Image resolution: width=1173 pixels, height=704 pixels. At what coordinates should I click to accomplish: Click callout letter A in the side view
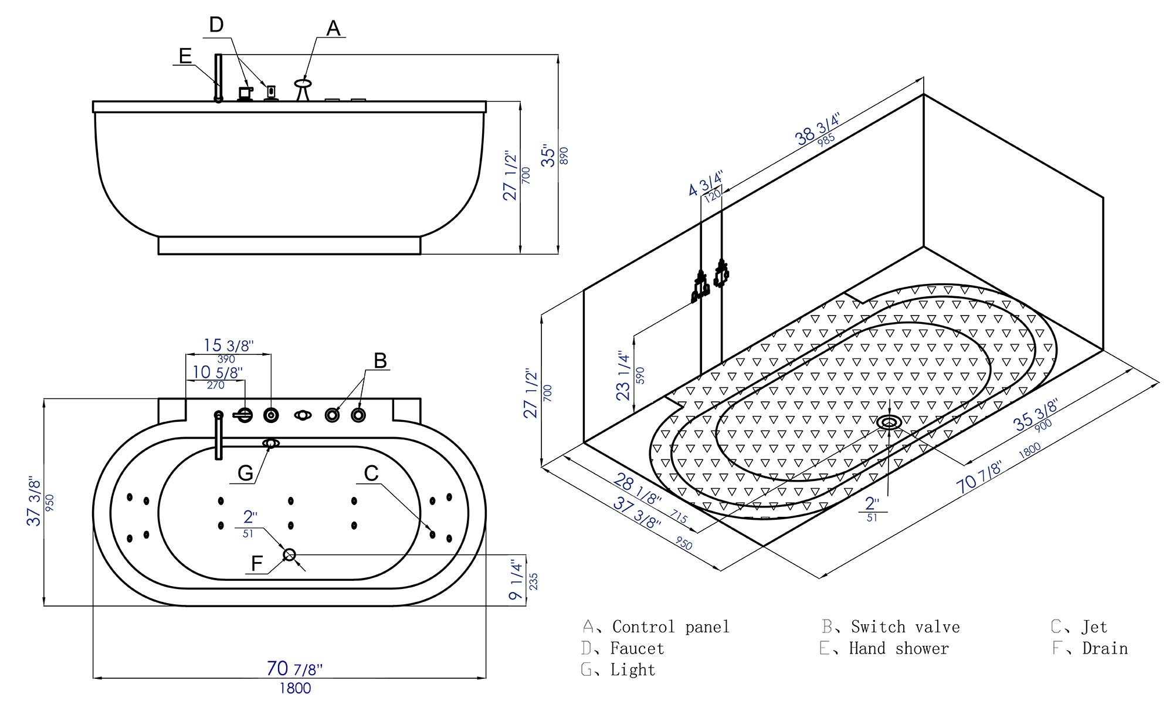[333, 28]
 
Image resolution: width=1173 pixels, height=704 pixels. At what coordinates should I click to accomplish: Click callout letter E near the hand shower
[185, 56]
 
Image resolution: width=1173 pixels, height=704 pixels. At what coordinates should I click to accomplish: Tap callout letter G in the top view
[245, 473]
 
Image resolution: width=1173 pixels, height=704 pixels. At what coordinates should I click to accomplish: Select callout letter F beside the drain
[257, 564]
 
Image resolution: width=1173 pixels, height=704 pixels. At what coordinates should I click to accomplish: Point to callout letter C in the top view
[371, 473]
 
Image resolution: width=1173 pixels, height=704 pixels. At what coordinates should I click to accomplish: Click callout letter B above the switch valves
[380, 360]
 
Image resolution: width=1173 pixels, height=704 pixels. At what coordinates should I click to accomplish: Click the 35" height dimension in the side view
[549, 155]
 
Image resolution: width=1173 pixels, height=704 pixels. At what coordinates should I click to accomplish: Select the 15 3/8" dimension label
[228, 346]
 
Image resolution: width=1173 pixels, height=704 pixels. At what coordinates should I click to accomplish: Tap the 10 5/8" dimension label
[217, 372]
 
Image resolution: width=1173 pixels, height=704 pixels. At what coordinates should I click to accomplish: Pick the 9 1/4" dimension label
[516, 580]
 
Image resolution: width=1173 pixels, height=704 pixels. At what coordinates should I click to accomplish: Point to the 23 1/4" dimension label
[623, 376]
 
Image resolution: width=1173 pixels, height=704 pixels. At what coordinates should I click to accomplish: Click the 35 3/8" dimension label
[1036, 415]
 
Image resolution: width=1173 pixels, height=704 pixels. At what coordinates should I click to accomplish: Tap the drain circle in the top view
[289, 554]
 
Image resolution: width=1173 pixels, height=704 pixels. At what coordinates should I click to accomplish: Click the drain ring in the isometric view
[890, 422]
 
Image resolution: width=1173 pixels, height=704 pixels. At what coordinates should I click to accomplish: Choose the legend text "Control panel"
[670, 627]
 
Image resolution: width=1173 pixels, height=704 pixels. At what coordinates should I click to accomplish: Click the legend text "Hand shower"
[899, 649]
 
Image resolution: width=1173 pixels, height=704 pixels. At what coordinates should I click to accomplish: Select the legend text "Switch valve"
[905, 627]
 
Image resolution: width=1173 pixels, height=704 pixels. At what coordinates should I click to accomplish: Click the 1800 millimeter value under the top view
[295, 688]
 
